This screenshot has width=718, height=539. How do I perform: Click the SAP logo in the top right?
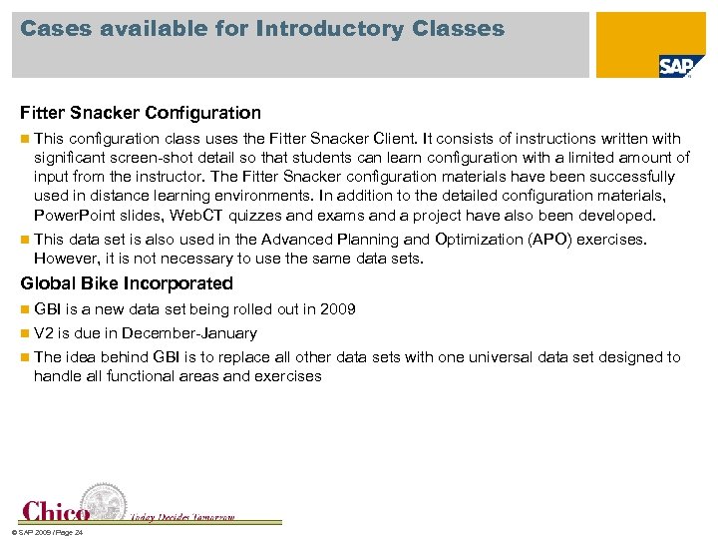(x=675, y=66)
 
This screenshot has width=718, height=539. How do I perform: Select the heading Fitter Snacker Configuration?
(x=141, y=113)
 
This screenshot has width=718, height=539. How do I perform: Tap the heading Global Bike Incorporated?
(x=127, y=283)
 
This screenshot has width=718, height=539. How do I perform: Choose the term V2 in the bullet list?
(x=44, y=333)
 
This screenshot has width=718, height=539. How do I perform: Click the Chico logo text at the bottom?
(x=56, y=511)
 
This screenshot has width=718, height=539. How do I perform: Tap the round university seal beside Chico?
(x=105, y=501)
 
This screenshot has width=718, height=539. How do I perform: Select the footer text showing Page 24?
(x=44, y=532)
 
